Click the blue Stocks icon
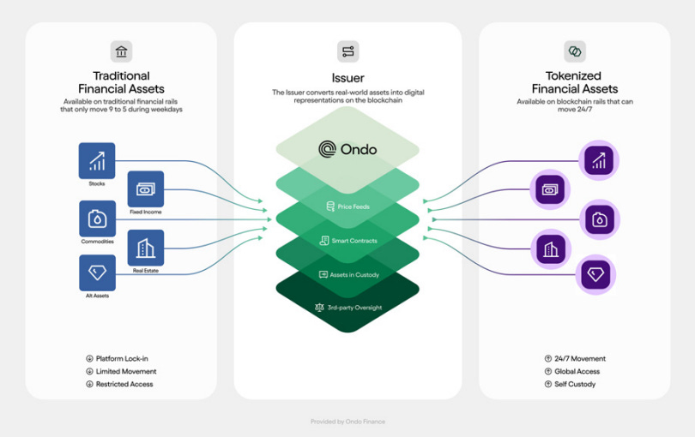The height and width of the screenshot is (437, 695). pyautogui.click(x=97, y=160)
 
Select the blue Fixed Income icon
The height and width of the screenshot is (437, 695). pyautogui.click(x=145, y=189)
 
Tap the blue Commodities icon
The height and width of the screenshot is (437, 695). pyautogui.click(x=97, y=218)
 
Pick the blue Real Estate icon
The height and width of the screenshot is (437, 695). pyautogui.click(x=145, y=248)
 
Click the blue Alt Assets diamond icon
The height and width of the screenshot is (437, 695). pyautogui.click(x=97, y=273)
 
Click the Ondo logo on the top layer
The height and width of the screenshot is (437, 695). pyautogui.click(x=347, y=149)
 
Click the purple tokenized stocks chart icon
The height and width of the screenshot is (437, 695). pyautogui.click(x=598, y=159)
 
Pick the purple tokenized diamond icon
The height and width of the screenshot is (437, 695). pyautogui.click(x=595, y=274)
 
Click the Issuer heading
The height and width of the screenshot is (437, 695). pyautogui.click(x=347, y=78)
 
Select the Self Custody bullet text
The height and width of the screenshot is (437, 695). pyautogui.click(x=574, y=384)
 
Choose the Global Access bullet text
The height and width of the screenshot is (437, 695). pyautogui.click(x=577, y=371)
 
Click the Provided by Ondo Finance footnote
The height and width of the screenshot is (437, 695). pyautogui.click(x=347, y=422)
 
